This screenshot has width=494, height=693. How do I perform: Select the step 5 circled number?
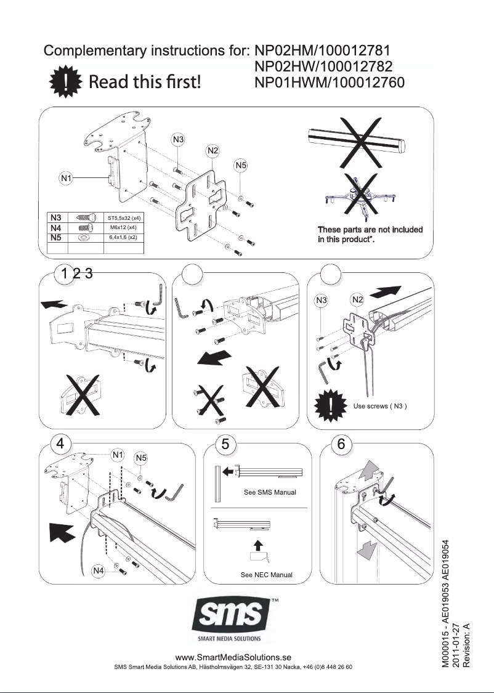226,444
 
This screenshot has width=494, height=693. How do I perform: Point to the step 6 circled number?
341,444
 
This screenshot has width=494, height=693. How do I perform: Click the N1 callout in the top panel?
67,179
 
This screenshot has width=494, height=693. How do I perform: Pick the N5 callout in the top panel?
241,165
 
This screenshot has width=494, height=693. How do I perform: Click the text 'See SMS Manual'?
270,493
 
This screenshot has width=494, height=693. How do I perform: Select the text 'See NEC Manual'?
266,575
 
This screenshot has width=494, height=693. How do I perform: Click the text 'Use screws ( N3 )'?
380,406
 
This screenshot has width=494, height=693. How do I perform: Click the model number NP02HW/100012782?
324,67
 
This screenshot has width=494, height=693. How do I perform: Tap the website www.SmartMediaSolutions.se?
233,658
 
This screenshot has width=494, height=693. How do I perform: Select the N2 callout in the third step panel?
358,300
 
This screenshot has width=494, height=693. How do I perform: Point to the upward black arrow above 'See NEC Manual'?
259,545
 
